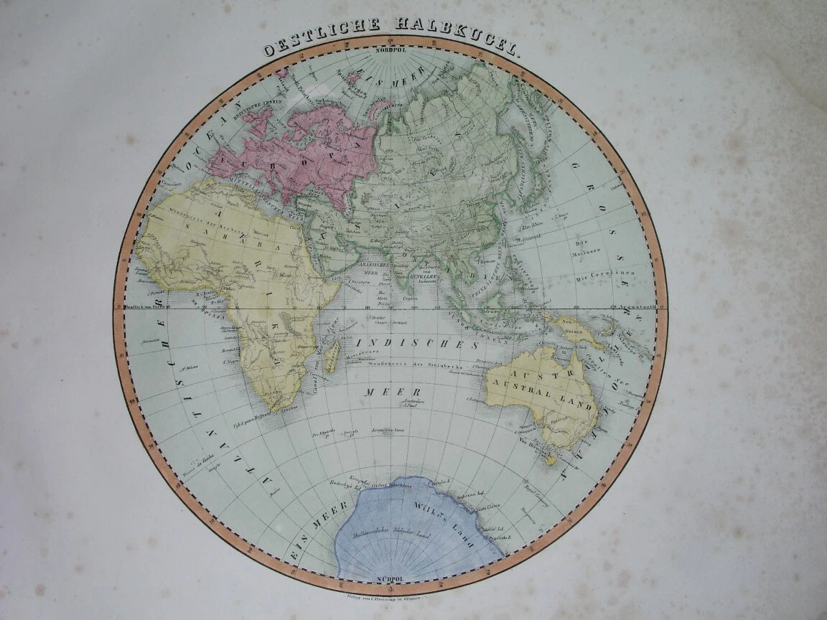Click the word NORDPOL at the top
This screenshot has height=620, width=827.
(x=388, y=52)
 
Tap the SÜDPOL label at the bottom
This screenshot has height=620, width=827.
(x=388, y=578)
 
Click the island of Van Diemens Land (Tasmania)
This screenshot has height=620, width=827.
(x=551, y=457)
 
